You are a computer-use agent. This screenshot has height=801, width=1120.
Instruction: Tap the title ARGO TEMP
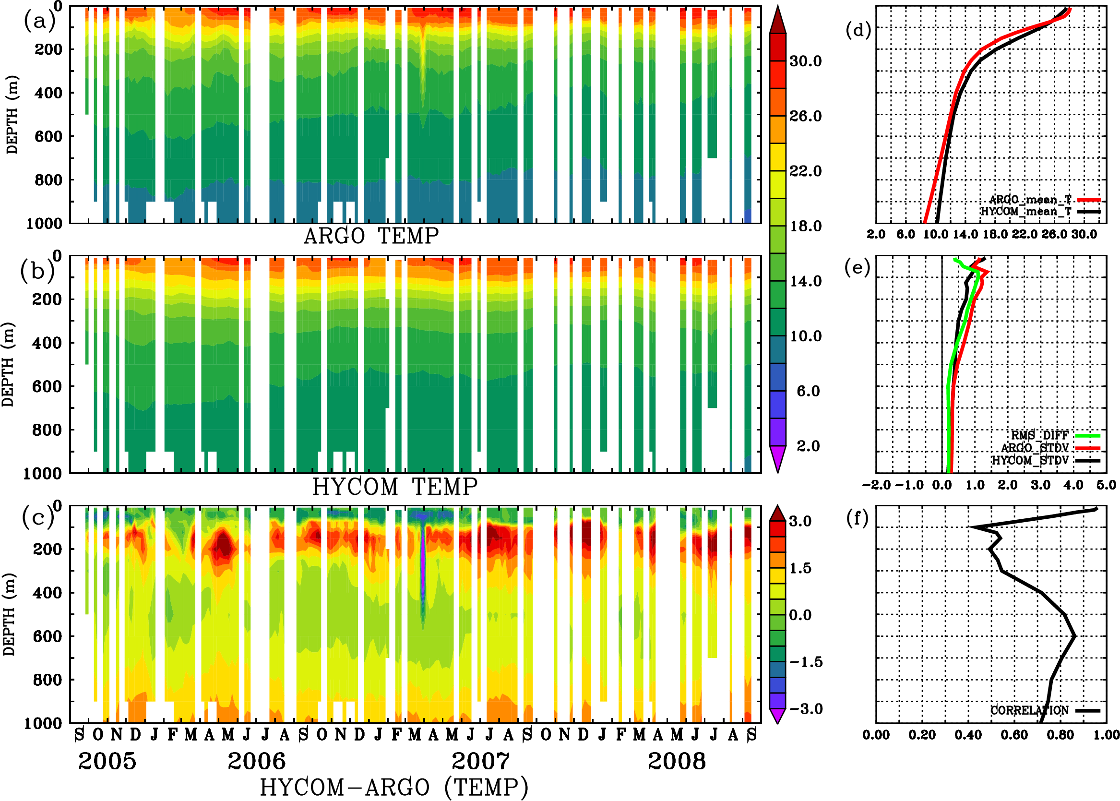point(371,236)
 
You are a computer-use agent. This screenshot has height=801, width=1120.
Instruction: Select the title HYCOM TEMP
point(394,487)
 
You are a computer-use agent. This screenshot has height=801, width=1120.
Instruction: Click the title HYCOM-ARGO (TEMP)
point(393,787)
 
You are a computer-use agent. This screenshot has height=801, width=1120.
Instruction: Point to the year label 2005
point(107,761)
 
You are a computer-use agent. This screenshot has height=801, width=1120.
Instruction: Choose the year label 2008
point(676,761)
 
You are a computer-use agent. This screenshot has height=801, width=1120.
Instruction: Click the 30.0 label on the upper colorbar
point(805,61)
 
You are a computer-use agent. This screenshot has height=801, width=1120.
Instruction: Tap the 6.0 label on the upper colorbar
point(808,391)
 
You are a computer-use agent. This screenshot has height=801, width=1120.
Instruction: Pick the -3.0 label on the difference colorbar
point(806,709)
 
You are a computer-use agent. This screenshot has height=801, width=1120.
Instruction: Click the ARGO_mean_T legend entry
point(1030,200)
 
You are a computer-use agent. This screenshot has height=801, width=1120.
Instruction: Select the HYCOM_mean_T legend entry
point(1026,212)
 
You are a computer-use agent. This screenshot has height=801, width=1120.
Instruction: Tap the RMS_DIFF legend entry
point(1039,435)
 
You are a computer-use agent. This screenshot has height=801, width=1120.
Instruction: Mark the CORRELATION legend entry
point(1030,710)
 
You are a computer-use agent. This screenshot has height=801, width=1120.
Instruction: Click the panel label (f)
point(857,518)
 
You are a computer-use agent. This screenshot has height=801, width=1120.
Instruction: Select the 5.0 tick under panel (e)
point(1106,485)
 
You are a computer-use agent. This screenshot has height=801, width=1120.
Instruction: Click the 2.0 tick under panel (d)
point(876,234)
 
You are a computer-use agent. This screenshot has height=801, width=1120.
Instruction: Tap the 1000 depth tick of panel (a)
point(44,224)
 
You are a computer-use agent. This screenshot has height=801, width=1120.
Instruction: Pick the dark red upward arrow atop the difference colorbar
point(778,514)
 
